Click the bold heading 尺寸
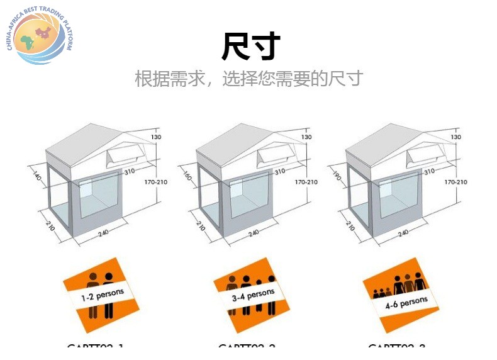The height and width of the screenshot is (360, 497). point(250,47)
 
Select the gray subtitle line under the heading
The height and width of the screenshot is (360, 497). point(249,79)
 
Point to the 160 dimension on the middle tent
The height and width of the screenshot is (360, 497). point(187,176)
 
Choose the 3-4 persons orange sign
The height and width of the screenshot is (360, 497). point(252,294)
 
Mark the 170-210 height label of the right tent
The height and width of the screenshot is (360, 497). point(456,182)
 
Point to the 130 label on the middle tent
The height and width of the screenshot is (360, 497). point(306,137)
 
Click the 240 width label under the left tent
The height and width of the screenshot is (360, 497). point(103,233)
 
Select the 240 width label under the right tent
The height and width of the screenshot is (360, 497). point(403,233)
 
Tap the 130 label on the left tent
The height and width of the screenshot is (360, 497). point(156,137)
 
